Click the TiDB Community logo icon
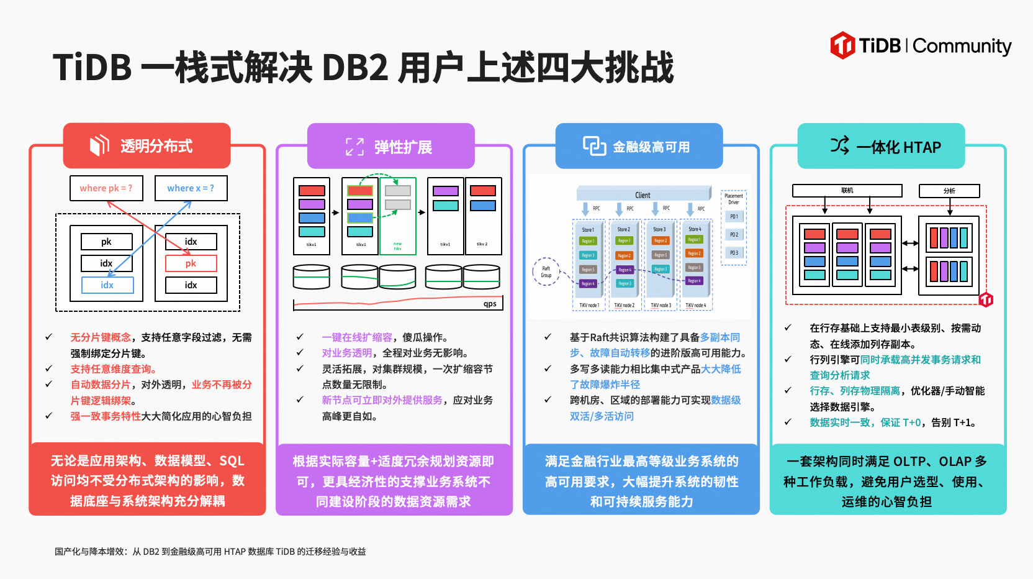(x=842, y=45)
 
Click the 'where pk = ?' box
(x=106, y=188)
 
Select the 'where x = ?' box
(x=191, y=188)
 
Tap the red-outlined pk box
(x=191, y=263)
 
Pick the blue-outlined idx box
(x=107, y=285)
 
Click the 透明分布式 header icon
(x=99, y=145)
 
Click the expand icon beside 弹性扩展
(x=354, y=147)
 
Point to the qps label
(x=490, y=304)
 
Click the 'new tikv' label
(x=397, y=246)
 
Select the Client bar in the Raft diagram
(x=643, y=195)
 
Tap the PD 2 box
(x=734, y=235)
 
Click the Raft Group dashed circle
(x=546, y=271)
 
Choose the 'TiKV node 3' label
(x=661, y=306)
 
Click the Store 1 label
(x=587, y=230)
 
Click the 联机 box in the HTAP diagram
(x=847, y=191)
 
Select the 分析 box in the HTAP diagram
(x=949, y=191)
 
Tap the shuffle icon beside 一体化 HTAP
(x=839, y=146)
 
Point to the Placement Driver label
(x=734, y=199)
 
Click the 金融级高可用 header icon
(x=593, y=146)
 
